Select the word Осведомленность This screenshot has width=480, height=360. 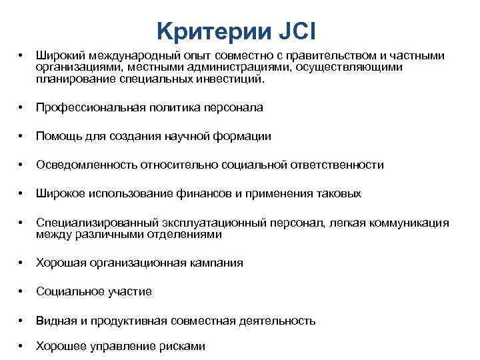(x=81, y=165)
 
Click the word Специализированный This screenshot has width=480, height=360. (x=87, y=223)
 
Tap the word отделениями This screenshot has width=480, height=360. (x=190, y=234)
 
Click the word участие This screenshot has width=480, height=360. (x=131, y=291)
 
